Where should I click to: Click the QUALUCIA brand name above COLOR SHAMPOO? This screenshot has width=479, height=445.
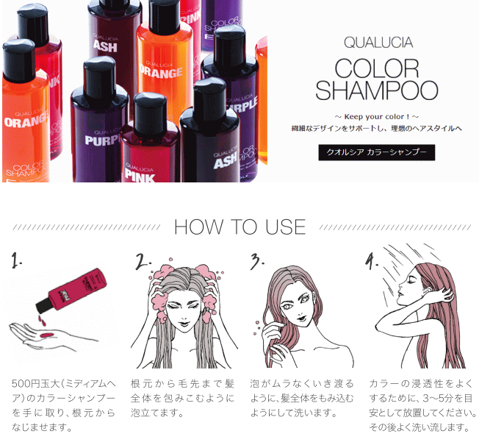click(x=378, y=43)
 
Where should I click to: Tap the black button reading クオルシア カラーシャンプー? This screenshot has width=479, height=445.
click(x=377, y=152)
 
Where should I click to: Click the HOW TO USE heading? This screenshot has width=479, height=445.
click(x=239, y=227)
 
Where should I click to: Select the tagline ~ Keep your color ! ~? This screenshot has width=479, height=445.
click(x=377, y=116)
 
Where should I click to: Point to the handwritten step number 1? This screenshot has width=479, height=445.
click(x=16, y=260)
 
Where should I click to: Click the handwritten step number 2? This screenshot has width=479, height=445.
click(x=143, y=262)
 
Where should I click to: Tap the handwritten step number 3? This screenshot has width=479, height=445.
click(x=256, y=261)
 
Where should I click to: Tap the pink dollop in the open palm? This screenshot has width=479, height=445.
click(x=46, y=335)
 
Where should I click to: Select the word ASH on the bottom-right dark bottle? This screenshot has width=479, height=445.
click(x=226, y=161)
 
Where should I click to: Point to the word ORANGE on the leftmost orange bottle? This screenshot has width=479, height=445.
click(x=26, y=121)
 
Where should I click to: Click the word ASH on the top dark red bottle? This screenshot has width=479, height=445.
click(x=105, y=46)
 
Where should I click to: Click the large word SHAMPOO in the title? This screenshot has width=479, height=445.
click(x=377, y=90)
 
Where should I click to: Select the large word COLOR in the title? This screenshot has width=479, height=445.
click(x=377, y=68)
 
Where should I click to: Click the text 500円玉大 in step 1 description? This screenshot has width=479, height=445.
click(x=35, y=383)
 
